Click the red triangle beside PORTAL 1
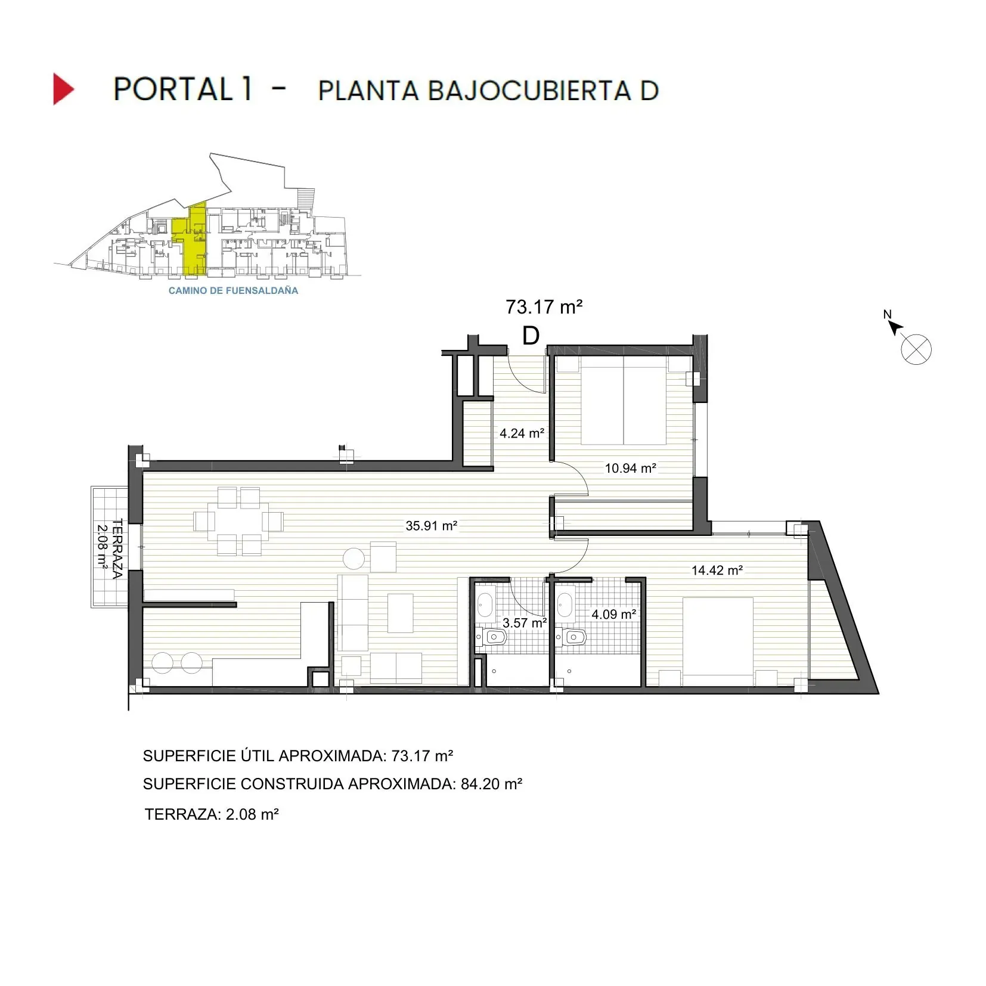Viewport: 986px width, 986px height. (63, 89)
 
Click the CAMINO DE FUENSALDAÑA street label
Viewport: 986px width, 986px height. (233, 291)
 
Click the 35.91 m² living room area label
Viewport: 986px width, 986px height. (431, 526)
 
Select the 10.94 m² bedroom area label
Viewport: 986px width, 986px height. (630, 469)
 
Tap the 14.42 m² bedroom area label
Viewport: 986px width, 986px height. (717, 570)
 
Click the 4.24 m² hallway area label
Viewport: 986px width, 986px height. (522, 433)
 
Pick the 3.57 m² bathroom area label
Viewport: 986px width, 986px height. (525, 624)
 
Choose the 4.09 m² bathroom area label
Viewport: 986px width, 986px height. (613, 614)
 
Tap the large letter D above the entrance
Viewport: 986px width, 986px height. (531, 336)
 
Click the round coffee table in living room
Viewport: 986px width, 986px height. (354, 559)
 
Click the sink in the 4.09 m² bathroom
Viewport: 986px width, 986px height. (565, 604)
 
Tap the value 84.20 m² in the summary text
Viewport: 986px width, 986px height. (491, 784)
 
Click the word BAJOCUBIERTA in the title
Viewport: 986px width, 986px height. (529, 91)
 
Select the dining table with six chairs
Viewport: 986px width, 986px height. (238, 522)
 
